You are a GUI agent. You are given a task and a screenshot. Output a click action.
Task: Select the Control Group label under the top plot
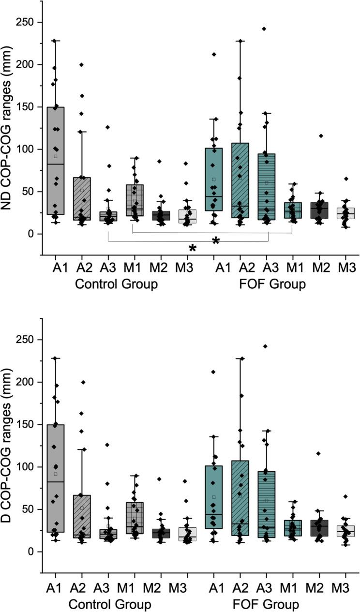[117, 284]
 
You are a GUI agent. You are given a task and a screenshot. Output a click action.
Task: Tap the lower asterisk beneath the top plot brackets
[193, 248]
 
